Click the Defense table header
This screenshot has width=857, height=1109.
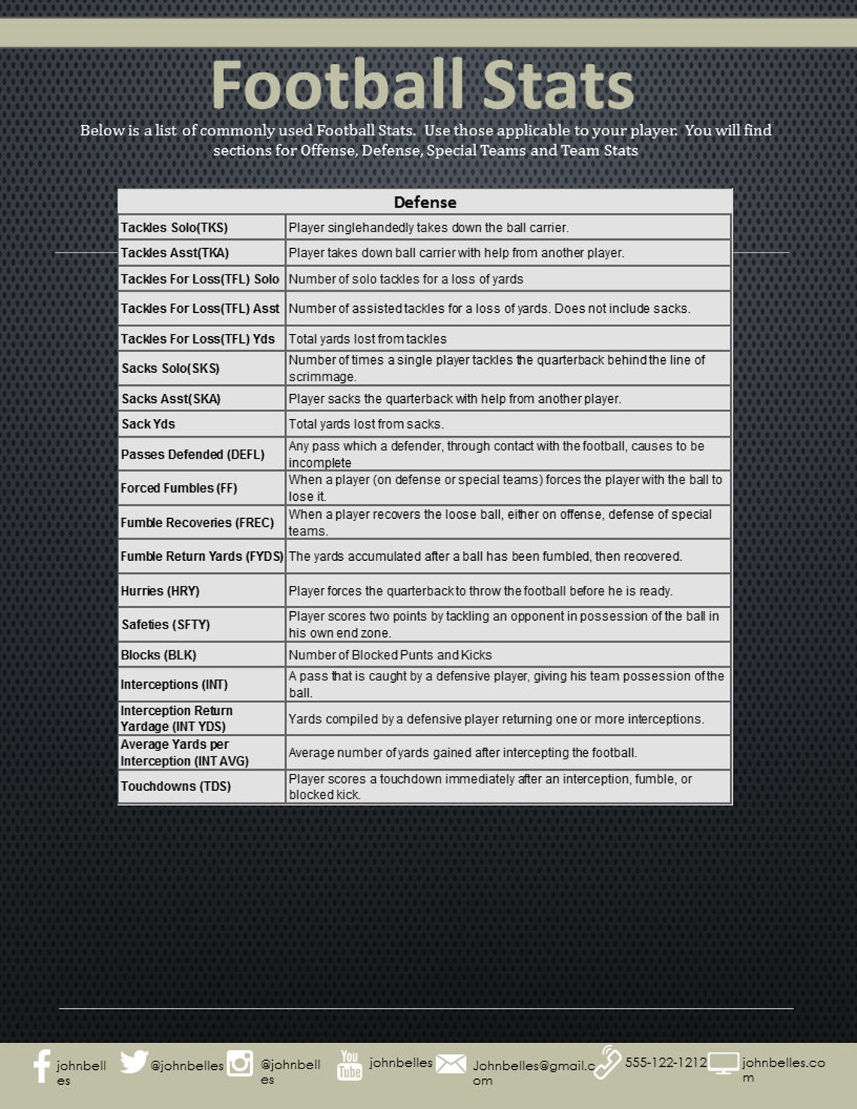coord(425,202)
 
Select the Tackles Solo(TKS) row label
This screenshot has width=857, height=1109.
coord(174,228)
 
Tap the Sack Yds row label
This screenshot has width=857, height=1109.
coord(148,424)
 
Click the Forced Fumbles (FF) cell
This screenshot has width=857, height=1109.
coord(179,488)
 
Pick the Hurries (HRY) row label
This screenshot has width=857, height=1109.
coord(160,591)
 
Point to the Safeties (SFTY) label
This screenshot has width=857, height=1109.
coord(165,625)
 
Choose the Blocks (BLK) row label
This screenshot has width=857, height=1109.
coord(159,655)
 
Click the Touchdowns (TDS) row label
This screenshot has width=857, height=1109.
coord(176,786)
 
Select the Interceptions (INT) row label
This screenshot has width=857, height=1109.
coord(174,684)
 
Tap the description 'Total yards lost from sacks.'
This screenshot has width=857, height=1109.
coord(366,424)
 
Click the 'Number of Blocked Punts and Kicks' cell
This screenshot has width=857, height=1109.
coord(390,655)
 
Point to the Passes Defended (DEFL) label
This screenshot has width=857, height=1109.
coord(192,454)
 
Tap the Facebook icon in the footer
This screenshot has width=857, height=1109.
coord(42,1066)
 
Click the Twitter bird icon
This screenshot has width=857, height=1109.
coord(134,1062)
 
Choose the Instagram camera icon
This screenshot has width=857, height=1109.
coord(240,1063)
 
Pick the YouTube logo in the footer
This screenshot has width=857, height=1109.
coord(350,1065)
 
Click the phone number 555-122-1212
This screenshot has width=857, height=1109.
coord(665,1062)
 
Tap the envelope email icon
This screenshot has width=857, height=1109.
coord(451,1064)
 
